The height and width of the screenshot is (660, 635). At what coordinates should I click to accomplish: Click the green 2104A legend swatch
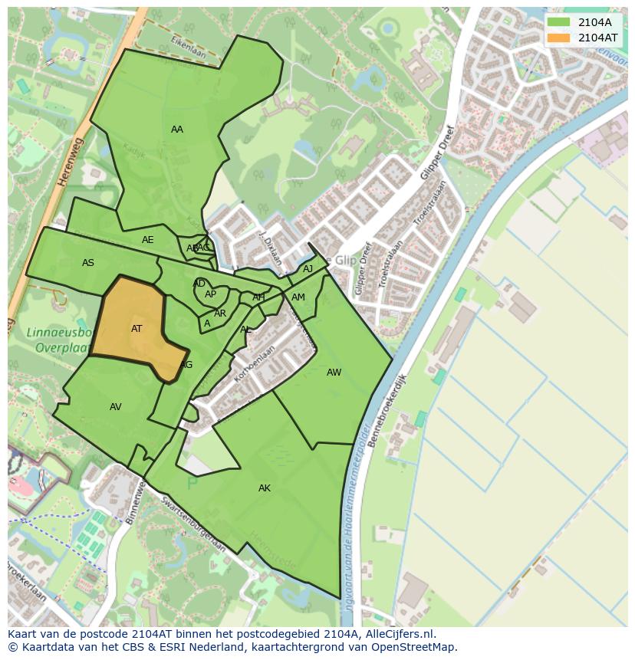click(x=558, y=22)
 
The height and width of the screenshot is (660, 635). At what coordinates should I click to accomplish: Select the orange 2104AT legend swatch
click(x=558, y=38)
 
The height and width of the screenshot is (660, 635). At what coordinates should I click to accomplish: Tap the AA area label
click(x=177, y=130)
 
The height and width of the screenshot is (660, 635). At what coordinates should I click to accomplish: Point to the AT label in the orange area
click(x=137, y=329)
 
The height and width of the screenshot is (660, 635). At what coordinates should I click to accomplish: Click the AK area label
click(x=265, y=488)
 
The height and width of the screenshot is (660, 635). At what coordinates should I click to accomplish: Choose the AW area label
click(x=334, y=373)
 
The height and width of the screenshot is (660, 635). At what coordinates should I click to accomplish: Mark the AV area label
click(x=116, y=407)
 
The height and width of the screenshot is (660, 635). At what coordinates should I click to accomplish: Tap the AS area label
click(x=88, y=263)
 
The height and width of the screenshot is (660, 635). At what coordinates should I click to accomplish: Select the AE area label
click(x=148, y=240)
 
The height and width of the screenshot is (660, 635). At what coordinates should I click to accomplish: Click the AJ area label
click(x=308, y=269)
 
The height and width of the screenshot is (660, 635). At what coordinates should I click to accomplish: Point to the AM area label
click(x=298, y=297)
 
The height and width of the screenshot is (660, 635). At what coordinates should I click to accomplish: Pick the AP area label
click(x=211, y=294)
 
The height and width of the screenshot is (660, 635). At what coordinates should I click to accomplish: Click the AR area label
click(x=220, y=314)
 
